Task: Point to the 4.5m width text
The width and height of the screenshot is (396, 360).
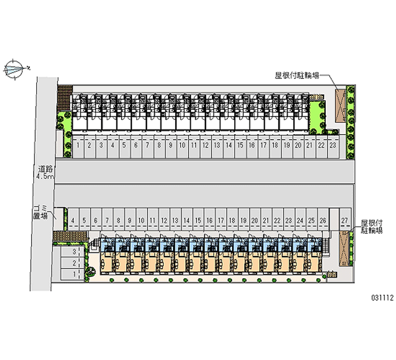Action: click(x=44, y=176)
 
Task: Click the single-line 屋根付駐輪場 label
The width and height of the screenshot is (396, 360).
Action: click(x=297, y=76)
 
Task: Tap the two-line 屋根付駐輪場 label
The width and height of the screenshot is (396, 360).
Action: click(x=372, y=227)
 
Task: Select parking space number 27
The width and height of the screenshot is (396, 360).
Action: click(x=345, y=220)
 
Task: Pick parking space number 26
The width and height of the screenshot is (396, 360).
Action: click(x=323, y=220)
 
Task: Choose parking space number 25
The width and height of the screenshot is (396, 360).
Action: click(x=311, y=220)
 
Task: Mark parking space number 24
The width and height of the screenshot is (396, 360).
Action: click(x=300, y=220)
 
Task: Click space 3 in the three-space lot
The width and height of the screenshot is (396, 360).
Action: click(x=74, y=253)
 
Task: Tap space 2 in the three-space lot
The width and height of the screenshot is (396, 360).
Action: click(x=74, y=263)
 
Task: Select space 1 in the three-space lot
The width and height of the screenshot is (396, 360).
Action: click(x=74, y=273)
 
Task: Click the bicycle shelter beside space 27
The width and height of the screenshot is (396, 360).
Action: click(x=345, y=248)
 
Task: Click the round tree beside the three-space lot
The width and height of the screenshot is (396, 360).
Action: click(x=91, y=270)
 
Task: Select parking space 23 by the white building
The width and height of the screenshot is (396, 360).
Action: click(x=333, y=146)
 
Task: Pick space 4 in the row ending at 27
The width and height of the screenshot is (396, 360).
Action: click(x=73, y=220)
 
